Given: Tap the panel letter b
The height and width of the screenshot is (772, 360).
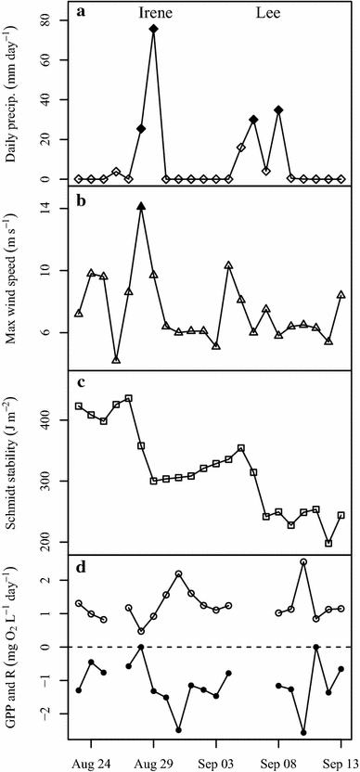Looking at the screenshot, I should click(84, 199).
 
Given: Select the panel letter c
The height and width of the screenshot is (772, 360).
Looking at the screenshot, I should click(84, 383).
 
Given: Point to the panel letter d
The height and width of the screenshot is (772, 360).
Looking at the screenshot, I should click(84, 567).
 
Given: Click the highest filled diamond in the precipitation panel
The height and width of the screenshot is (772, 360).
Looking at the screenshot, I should click(153, 29).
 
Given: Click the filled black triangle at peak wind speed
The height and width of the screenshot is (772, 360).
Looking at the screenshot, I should click(141, 207).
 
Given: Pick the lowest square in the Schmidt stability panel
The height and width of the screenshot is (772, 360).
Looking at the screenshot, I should click(328, 543).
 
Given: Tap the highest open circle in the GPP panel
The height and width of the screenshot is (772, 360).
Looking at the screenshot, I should click(303, 562).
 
